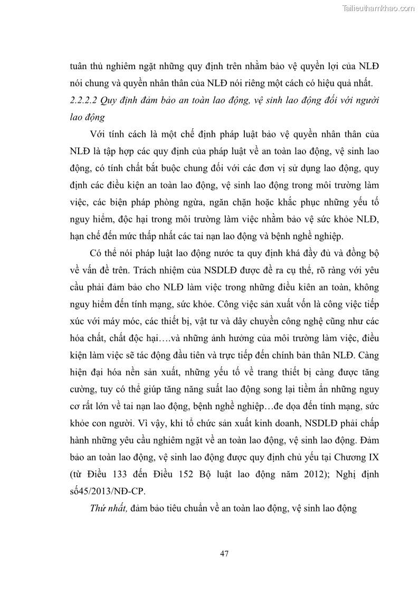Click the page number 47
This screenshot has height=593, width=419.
click(224, 553)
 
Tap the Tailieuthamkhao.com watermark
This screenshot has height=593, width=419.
click(379, 8)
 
